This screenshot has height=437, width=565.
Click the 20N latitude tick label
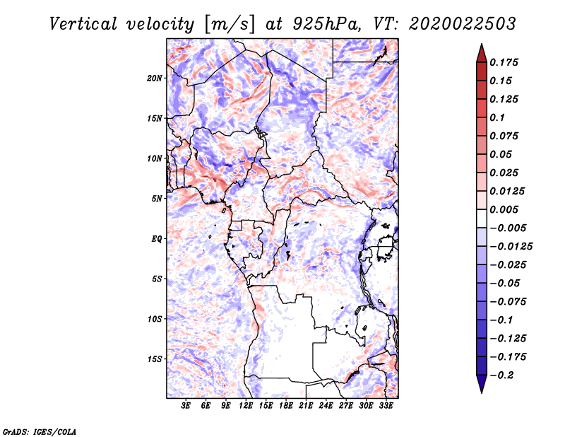click(x=155, y=78)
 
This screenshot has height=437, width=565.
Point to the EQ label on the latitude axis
click(x=157, y=238)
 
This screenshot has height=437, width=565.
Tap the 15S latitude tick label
click(x=155, y=359)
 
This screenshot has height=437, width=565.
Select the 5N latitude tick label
click(x=157, y=198)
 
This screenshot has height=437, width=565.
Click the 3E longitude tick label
click(x=186, y=406)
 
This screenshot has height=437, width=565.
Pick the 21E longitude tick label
click(x=307, y=406)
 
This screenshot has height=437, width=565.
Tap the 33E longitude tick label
click(x=386, y=406)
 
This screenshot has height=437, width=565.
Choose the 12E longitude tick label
click(x=246, y=406)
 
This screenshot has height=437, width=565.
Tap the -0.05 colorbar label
click(x=505, y=283)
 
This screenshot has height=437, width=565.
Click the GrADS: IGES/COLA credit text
click(x=40, y=430)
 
